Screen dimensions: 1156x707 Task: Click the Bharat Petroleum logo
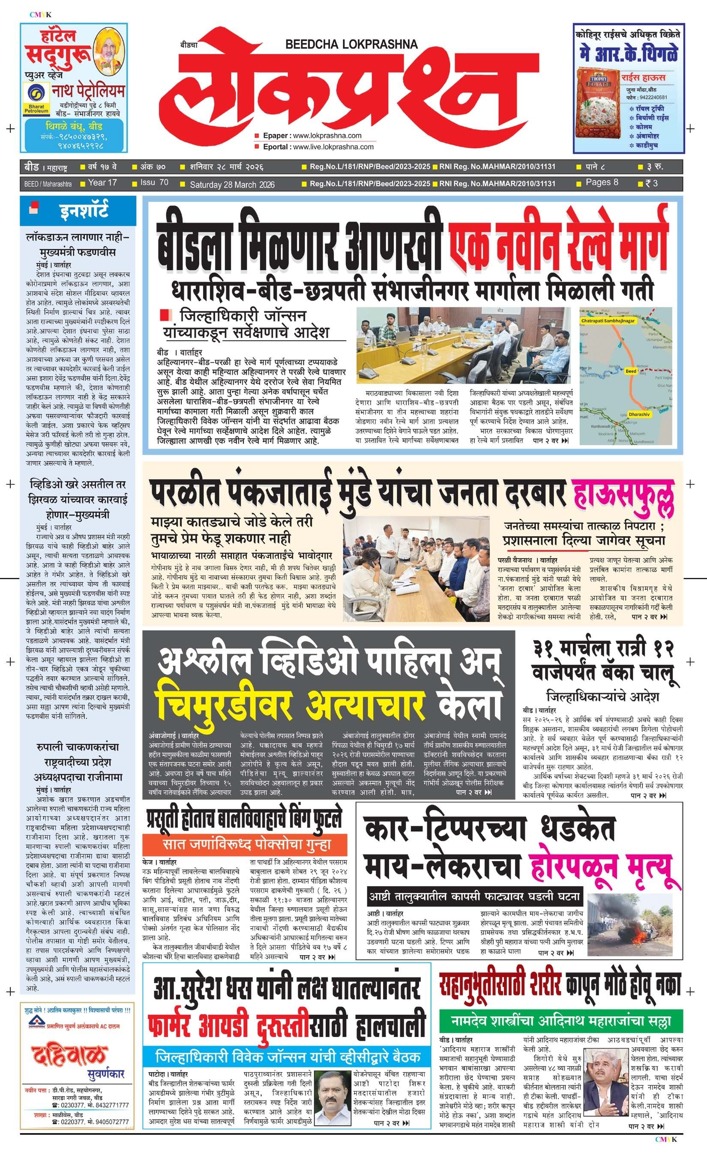36,99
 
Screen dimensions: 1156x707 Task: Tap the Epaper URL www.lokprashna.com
327,136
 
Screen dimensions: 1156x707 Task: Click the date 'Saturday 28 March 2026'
232,185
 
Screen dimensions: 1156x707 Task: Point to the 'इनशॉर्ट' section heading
84,211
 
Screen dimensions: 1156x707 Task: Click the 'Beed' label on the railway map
631,371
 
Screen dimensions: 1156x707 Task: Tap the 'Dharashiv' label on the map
639,415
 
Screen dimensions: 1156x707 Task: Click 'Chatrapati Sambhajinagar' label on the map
608,321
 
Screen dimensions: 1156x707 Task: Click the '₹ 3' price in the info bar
651,183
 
